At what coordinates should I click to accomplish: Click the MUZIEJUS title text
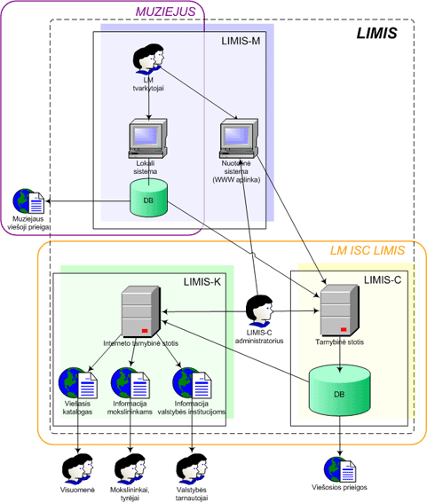click(165, 12)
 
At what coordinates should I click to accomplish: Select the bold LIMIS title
click(377, 34)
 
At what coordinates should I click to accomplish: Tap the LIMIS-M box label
click(241, 41)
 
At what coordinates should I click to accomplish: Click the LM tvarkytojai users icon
click(148, 59)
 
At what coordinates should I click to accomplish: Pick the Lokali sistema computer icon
click(148, 138)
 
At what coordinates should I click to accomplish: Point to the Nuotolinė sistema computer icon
click(239, 138)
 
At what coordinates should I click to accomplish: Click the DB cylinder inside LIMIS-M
click(148, 198)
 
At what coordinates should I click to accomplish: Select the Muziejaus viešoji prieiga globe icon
click(28, 201)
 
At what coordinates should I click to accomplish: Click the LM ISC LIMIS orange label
click(368, 250)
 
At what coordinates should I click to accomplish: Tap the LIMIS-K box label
click(202, 282)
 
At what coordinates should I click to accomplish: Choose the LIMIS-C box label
click(383, 280)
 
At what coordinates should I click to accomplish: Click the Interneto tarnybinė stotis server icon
click(141, 311)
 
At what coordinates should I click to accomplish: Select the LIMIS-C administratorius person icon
click(259, 311)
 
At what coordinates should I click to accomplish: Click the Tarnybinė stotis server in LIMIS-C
click(340, 310)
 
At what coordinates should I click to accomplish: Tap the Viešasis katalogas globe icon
click(78, 383)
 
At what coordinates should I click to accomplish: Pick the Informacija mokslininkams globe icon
click(130, 383)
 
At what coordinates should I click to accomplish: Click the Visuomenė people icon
click(77, 468)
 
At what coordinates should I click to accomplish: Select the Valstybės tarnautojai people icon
click(192, 468)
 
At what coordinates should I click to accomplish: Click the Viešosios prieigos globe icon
click(340, 469)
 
